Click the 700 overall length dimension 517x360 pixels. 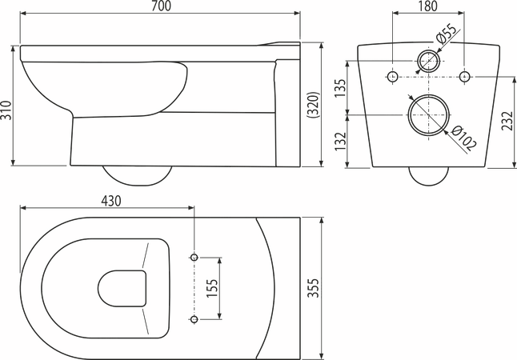point(161,6)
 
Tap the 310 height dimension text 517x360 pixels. point(6,110)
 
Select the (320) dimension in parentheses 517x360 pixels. point(313,105)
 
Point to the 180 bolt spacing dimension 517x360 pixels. point(428,6)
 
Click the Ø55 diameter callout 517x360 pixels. point(447,34)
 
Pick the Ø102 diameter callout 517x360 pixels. point(463,138)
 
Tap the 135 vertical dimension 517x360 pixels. point(340,88)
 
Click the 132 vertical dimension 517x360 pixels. point(340,141)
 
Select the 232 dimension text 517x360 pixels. point(507,121)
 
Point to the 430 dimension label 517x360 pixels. point(110,201)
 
